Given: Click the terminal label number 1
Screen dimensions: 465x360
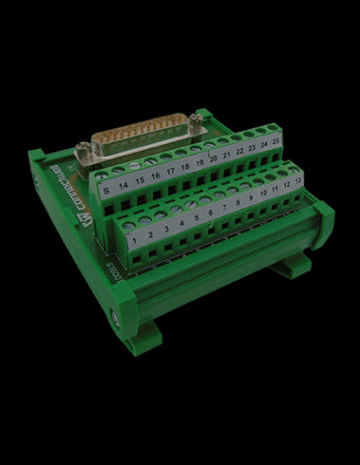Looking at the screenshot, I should click(136, 240).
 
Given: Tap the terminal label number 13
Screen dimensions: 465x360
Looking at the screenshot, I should click(299, 176).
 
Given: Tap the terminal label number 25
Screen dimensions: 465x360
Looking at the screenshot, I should click(275, 136).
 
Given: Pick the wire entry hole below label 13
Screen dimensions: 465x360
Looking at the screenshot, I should click(300, 194).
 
